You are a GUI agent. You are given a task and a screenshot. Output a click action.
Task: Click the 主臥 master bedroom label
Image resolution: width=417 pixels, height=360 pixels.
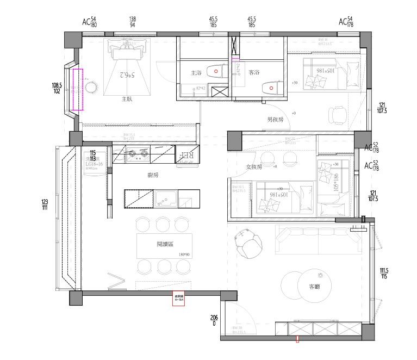click(x=128, y=99)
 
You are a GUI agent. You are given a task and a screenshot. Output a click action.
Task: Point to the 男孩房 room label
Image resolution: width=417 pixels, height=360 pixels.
click(x=275, y=120)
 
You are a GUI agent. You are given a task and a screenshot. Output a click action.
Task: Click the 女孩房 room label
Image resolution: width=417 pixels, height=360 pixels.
click(x=254, y=166)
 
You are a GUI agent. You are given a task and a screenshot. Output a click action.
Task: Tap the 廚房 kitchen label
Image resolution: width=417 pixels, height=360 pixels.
click(x=153, y=175)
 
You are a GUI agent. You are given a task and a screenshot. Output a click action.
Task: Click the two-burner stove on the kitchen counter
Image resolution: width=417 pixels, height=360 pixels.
click(x=136, y=157)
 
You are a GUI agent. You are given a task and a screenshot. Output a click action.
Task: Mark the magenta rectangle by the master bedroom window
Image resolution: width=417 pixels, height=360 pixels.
click(x=77, y=89)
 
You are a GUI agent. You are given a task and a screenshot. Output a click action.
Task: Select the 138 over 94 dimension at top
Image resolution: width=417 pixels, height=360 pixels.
click(x=133, y=22)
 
